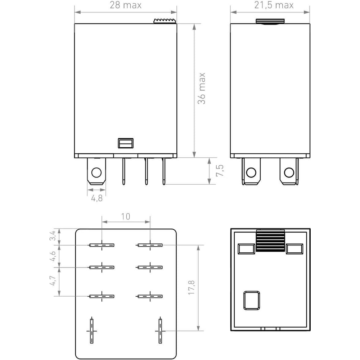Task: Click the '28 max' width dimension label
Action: tap(125, 5)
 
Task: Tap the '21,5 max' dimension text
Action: tap(274, 5)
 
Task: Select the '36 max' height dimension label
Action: tap(202, 89)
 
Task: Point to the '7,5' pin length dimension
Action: tap(220, 170)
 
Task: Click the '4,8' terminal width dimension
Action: tap(97, 198)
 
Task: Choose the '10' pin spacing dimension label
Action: tap(126, 216)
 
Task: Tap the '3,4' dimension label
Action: tap(53, 235)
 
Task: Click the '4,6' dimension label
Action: tap(53, 256)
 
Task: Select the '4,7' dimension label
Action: tap(53, 280)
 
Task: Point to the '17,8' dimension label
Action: tap(192, 288)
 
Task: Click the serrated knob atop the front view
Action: tap(165, 21)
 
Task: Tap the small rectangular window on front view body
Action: tap(126, 143)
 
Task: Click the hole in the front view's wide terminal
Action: tap(96, 172)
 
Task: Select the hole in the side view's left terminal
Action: tap(251, 172)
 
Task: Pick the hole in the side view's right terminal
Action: tap(289, 172)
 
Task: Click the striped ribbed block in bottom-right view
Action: tap(270, 240)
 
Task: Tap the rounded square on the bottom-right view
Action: tap(252, 301)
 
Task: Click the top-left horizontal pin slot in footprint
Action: tap(102, 245)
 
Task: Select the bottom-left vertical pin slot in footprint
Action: tap(91, 331)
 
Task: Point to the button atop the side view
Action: tap(270, 21)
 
